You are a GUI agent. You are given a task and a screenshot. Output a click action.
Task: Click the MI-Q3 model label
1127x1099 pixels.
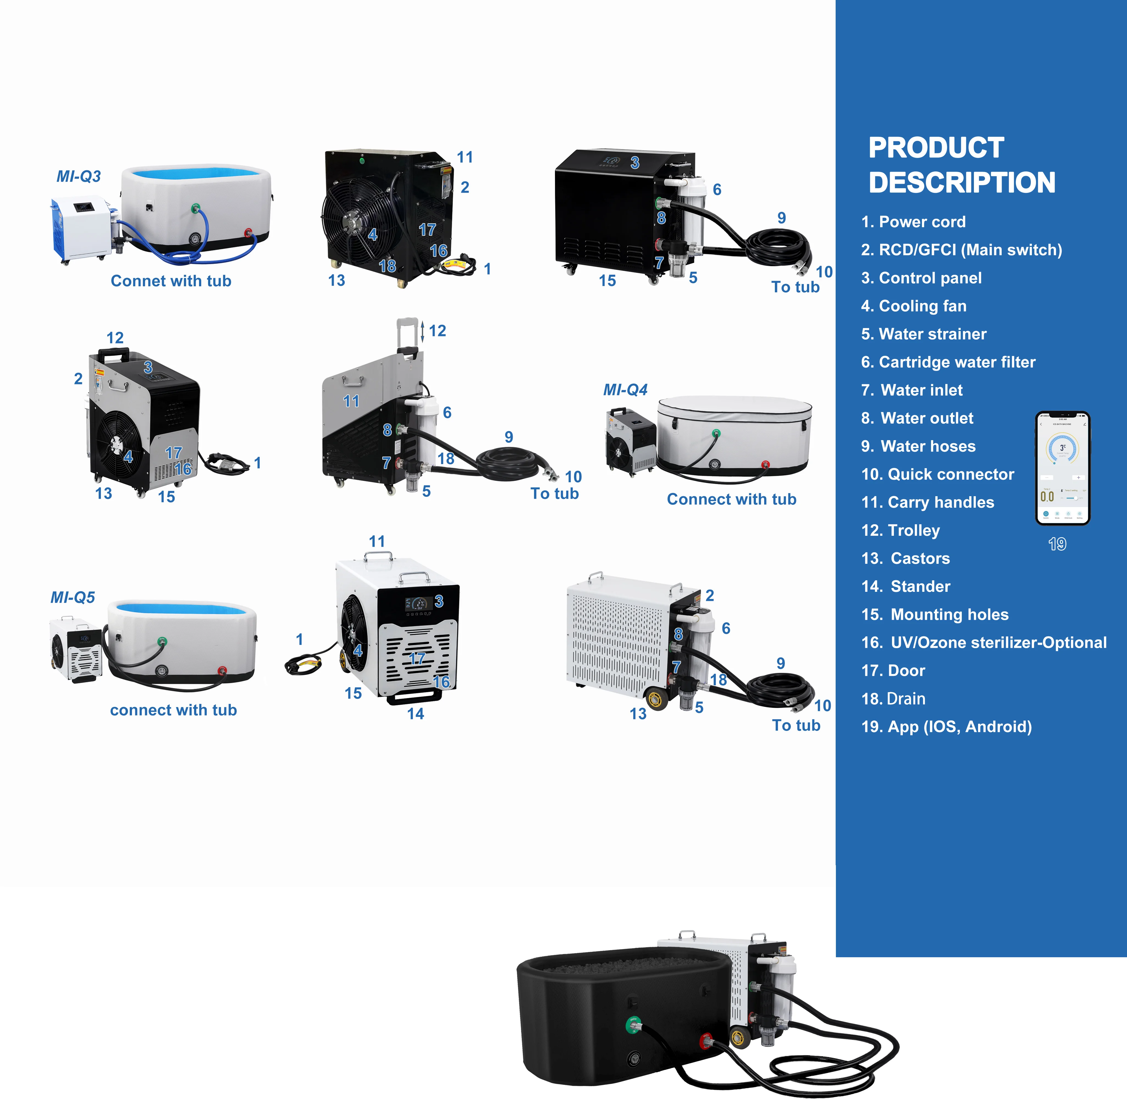tap(79, 176)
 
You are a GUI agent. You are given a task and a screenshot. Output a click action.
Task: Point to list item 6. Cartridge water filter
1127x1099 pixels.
tap(948, 362)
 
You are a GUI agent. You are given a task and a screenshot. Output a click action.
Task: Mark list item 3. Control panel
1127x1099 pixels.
tap(921, 278)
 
